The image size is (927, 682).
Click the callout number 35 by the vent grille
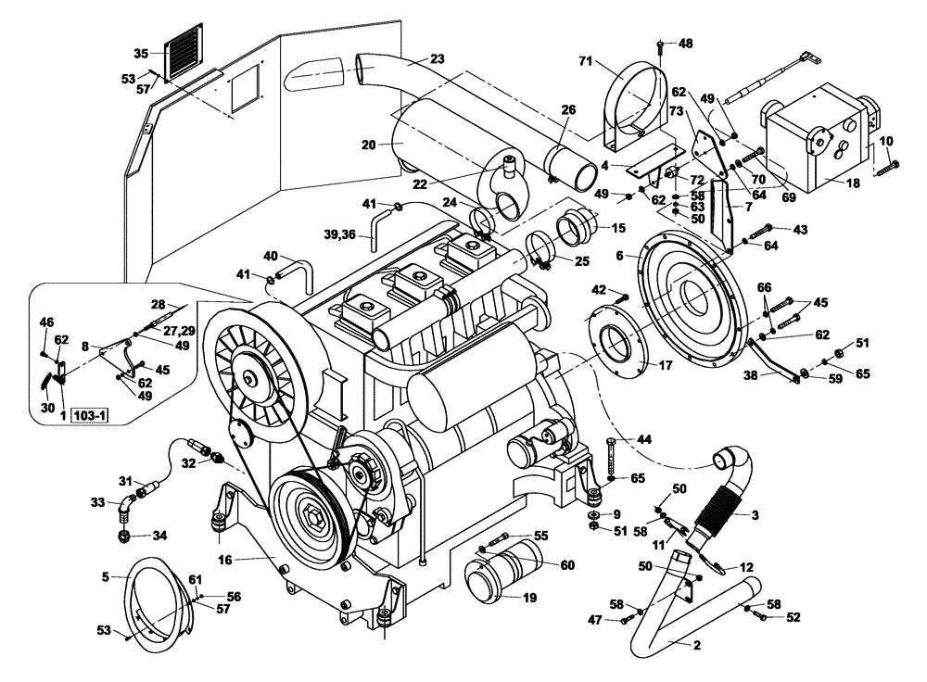click(x=141, y=53)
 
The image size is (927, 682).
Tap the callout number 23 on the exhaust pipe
click(x=438, y=58)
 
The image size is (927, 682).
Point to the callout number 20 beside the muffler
click(x=370, y=145)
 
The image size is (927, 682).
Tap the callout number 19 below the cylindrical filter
click(x=529, y=598)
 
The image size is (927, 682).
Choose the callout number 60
click(x=566, y=564)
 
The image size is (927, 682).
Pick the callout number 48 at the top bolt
click(x=685, y=43)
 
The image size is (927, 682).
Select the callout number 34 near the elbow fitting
click(x=160, y=535)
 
